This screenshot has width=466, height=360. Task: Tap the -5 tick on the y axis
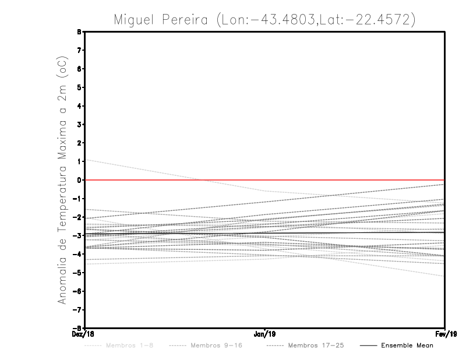point(79,273)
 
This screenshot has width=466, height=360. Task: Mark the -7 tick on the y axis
point(79,309)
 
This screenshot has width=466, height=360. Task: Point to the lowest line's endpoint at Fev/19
point(444,276)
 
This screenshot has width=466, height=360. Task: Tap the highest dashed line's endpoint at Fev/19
point(444,184)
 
